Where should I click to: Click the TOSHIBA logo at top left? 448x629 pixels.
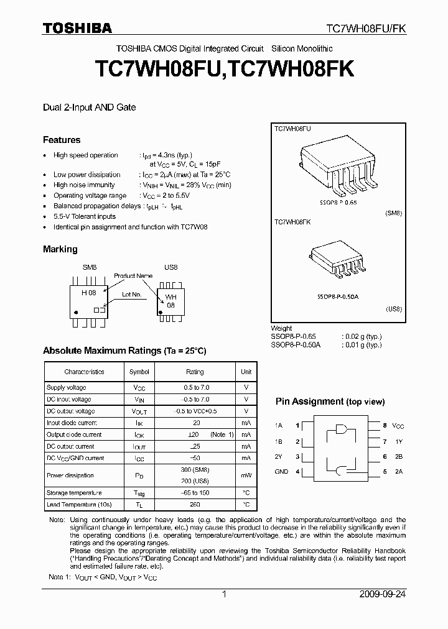(77, 28)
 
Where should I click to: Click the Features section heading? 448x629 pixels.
(62, 140)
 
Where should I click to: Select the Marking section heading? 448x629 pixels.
(60, 249)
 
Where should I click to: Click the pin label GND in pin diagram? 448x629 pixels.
(281, 472)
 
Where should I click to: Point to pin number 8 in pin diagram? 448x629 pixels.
(385, 426)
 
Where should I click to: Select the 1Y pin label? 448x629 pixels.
(398, 442)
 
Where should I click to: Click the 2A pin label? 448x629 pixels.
(398, 472)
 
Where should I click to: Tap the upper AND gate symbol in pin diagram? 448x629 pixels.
(341, 429)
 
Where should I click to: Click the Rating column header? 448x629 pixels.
(195, 372)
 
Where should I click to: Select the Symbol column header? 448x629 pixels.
(139, 372)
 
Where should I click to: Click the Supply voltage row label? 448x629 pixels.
(67, 387)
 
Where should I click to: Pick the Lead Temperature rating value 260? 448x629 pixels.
(195, 504)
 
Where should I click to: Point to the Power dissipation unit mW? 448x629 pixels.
(246, 475)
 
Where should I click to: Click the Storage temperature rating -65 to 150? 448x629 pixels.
(195, 492)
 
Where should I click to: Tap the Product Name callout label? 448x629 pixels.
(133, 275)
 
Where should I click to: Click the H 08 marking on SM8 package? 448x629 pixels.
(88, 292)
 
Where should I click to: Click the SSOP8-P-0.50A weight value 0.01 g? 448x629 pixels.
(362, 344)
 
